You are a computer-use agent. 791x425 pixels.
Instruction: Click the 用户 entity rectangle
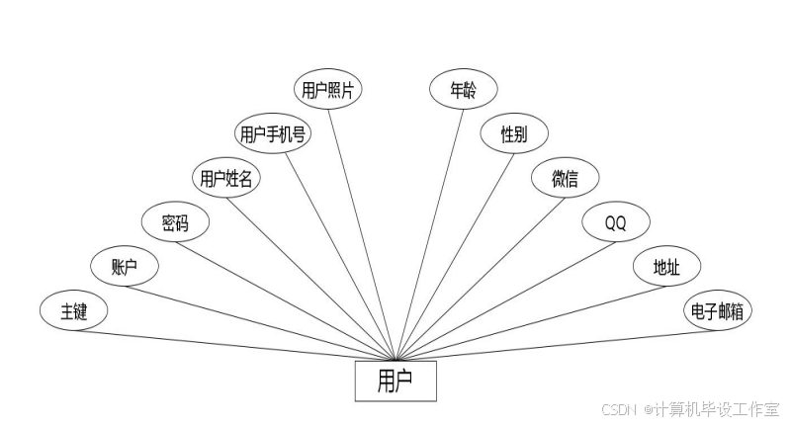point(395,381)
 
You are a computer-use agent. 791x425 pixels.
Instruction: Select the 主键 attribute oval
point(74,312)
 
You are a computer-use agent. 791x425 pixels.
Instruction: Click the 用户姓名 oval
point(225,179)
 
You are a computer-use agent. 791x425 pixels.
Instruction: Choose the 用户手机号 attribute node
point(273,133)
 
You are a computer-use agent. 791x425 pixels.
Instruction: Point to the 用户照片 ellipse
point(329,89)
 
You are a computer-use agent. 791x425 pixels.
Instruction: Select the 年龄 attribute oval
point(462,89)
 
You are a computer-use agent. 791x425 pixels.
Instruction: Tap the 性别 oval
point(513,133)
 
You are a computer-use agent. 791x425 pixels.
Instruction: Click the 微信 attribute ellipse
point(565,179)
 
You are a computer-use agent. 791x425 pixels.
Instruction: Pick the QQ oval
point(615,223)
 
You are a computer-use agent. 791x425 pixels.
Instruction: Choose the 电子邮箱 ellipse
point(717,312)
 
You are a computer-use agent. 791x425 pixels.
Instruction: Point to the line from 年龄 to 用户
point(429,232)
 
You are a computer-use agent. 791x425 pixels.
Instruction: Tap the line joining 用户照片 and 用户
point(363,232)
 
